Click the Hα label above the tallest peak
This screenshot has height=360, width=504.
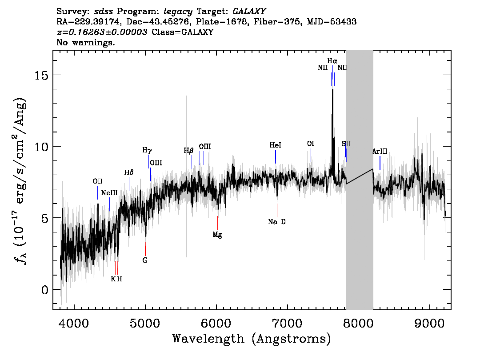[x=332, y=61]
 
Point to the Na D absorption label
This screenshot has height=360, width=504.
[x=277, y=222]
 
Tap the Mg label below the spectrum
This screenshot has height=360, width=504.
[x=217, y=235]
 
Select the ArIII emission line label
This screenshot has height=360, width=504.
[x=380, y=152]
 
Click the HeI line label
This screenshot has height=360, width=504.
[x=276, y=145]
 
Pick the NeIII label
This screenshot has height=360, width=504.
[x=109, y=193]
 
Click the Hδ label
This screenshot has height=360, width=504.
[x=129, y=172]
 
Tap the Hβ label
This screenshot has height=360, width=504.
[x=189, y=151]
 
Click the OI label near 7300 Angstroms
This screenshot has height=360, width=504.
[x=311, y=144]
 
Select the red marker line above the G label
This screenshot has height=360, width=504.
[x=145, y=248]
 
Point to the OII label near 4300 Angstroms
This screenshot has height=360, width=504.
[x=97, y=181]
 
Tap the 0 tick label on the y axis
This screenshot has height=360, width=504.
[x=45, y=289]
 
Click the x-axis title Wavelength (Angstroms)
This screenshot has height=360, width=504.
[x=252, y=339]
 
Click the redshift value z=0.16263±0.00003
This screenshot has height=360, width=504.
[x=102, y=32]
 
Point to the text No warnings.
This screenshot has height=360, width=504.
[x=86, y=43]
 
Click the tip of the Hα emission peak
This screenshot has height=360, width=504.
[x=332, y=89]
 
